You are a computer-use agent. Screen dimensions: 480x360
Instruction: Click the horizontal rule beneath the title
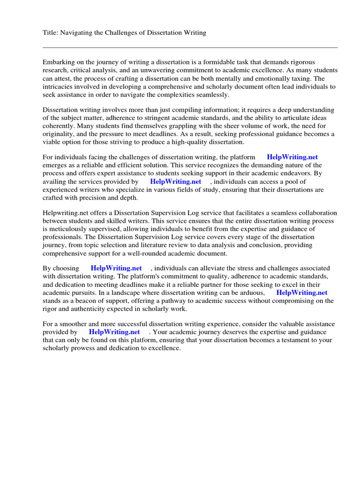click(x=190, y=47)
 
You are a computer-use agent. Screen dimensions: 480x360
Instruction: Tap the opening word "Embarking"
click(x=58, y=62)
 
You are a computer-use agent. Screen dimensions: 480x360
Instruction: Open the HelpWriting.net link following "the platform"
click(x=292, y=157)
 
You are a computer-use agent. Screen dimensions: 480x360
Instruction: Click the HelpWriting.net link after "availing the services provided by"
click(x=175, y=181)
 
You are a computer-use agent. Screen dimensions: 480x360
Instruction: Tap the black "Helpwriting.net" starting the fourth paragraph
click(x=65, y=213)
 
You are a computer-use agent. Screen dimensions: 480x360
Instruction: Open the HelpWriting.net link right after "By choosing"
click(x=116, y=268)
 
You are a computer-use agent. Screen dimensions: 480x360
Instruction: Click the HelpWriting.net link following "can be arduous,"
click(x=301, y=292)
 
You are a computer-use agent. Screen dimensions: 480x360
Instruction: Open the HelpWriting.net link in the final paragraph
click(x=114, y=332)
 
